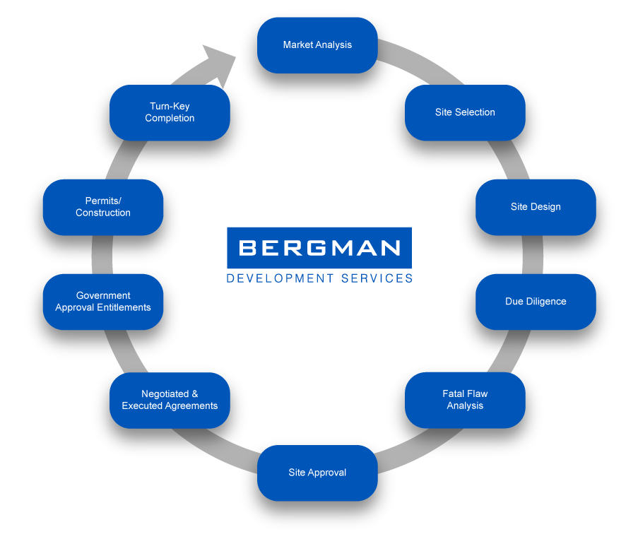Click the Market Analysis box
(317, 45)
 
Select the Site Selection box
(465, 112)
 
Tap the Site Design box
(536, 207)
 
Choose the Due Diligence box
(536, 302)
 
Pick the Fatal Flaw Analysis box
(465, 400)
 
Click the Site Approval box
(317, 473)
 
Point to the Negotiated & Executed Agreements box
(170, 400)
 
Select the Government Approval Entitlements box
(103, 302)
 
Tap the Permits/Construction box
(103, 207)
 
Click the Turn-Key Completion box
(170, 112)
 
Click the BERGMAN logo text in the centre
(320, 248)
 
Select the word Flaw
(475, 393)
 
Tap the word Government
(103, 295)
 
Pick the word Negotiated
(165, 393)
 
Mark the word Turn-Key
(170, 106)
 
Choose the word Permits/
(103, 201)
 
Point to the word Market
(297, 45)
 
